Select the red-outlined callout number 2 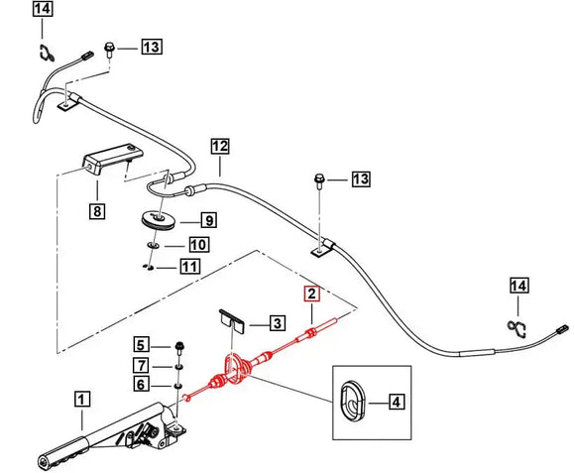311,295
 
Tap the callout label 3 277,322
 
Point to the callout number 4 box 396,402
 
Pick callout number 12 219,147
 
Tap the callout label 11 189,266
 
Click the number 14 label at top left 41,11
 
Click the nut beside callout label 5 177,347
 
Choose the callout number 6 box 142,385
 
